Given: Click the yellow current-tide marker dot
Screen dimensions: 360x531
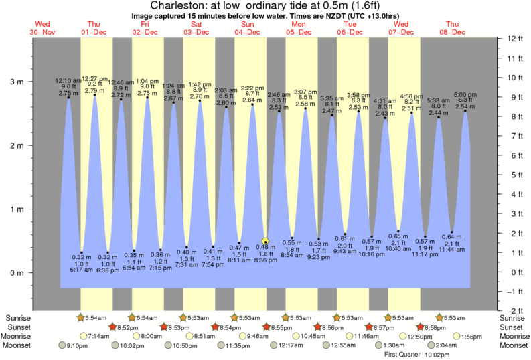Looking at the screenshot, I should point(266,241).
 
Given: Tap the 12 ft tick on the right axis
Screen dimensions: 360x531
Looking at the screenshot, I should point(514,38).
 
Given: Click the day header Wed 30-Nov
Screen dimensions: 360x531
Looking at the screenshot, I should point(42,28).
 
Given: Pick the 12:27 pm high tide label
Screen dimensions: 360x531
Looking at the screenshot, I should point(94,78).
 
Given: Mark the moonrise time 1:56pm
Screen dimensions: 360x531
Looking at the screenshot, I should point(473,336).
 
